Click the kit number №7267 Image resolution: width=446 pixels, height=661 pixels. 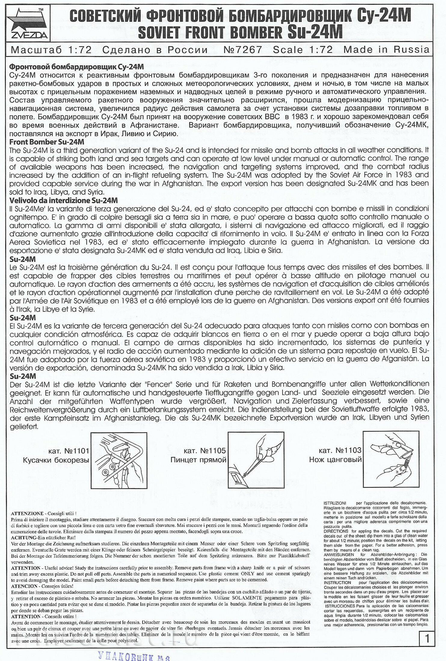243,50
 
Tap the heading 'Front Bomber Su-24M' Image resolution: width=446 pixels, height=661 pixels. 47,142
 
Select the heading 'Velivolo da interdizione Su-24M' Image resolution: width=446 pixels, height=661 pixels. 63,200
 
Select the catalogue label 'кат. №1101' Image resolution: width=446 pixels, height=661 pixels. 69,451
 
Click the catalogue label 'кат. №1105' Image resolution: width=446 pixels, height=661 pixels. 205,451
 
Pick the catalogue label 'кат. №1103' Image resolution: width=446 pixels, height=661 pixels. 340,450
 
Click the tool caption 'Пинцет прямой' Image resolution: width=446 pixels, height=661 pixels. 198,460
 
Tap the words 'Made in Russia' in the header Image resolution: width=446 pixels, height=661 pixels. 386,50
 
